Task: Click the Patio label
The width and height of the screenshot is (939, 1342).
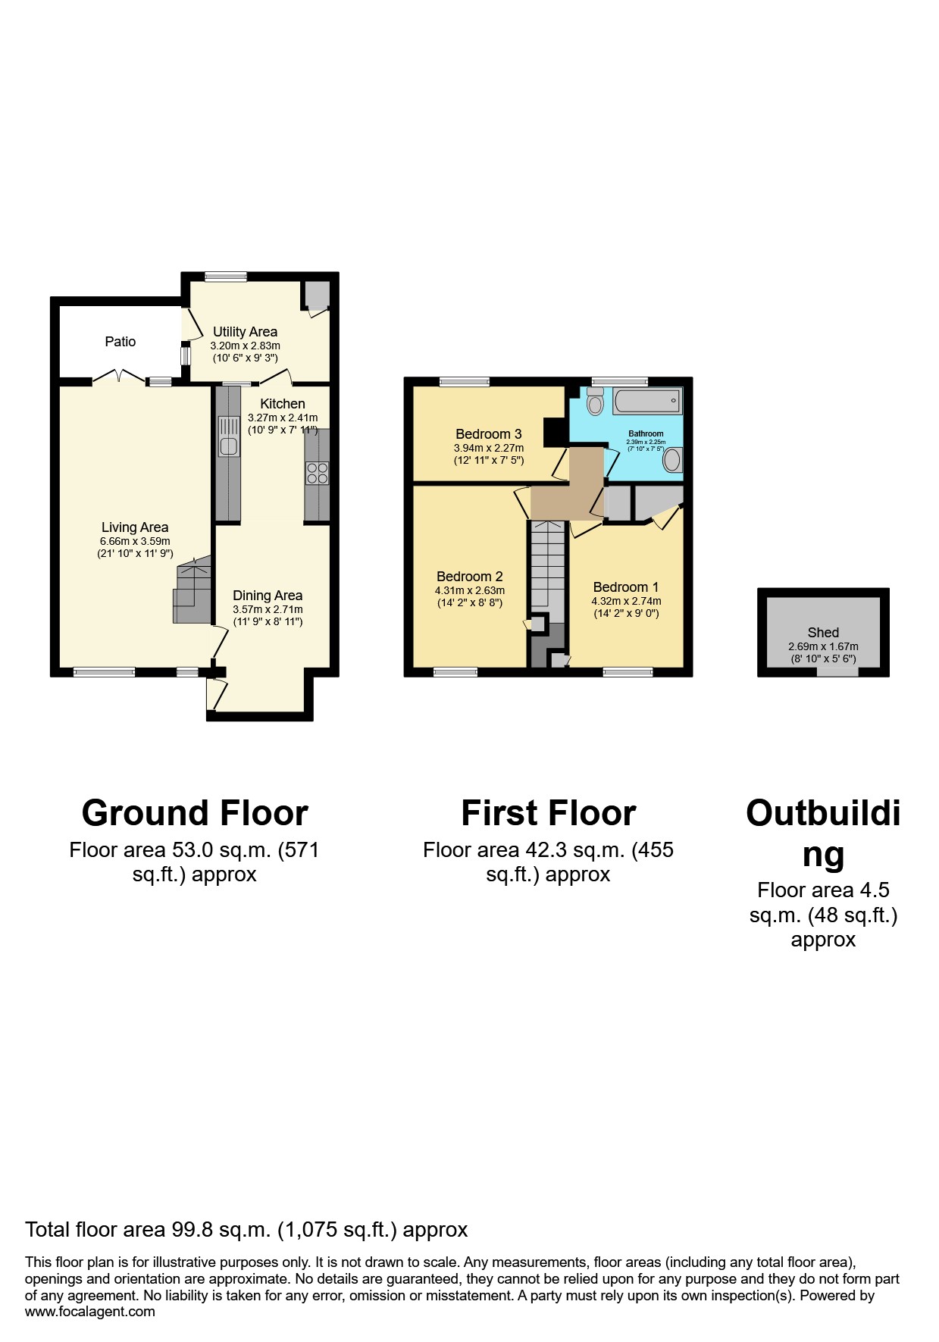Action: pos(120,342)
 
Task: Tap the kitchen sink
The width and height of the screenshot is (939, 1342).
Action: pos(228,438)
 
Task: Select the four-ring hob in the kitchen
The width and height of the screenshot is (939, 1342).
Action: pos(317,474)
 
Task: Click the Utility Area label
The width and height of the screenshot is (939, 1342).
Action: pos(245,332)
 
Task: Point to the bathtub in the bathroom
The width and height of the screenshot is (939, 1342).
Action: pos(646,401)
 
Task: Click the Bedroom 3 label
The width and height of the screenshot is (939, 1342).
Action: pos(488,434)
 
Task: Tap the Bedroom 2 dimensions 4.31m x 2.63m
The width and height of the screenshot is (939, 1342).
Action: pos(469,590)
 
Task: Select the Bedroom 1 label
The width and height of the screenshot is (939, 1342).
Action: pos(625,587)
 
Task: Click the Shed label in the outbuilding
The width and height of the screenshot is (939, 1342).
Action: pos(823,633)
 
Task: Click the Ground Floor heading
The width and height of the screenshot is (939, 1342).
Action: pos(195,813)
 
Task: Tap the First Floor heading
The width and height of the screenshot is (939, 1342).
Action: pos(548,813)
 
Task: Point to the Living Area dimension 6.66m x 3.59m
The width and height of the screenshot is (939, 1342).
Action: pos(135,541)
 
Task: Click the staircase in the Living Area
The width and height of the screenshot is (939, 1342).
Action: pos(192,591)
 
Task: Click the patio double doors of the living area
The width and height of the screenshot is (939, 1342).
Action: pos(118,377)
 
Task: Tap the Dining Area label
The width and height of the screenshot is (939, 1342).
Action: pos(268,596)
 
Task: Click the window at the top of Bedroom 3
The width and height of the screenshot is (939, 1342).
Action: pos(464,382)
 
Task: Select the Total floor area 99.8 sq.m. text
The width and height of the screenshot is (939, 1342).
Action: pos(246,1229)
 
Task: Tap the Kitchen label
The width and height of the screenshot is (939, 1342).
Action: pos(283,404)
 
